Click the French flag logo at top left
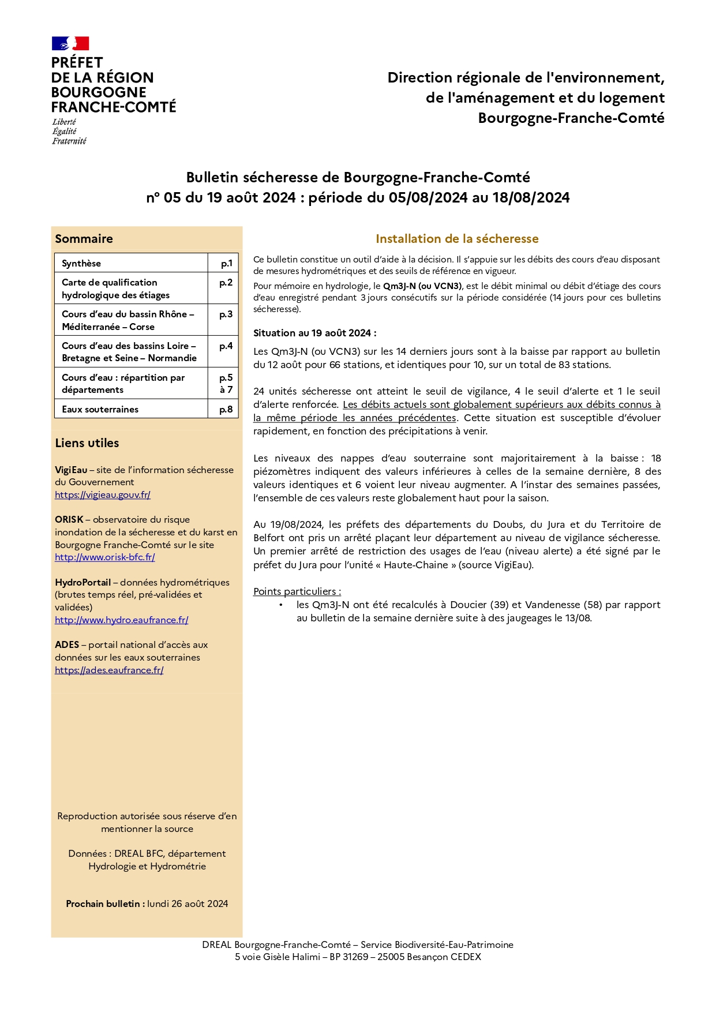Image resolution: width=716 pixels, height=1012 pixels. [70, 43]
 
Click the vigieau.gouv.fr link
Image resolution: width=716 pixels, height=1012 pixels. [103, 494]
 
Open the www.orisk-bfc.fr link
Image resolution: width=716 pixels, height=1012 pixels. [105, 557]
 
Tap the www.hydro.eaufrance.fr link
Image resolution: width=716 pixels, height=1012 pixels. [122, 620]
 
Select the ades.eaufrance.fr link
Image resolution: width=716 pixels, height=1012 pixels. [109, 670]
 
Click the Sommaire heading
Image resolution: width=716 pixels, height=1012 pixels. [84, 239]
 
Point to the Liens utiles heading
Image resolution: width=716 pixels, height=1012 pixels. [87, 443]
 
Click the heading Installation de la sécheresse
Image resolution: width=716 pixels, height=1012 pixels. [457, 239]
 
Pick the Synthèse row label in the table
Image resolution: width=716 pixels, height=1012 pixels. [81, 263]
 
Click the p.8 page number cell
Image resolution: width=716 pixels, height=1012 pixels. [226, 409]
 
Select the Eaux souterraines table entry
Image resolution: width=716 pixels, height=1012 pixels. [100, 409]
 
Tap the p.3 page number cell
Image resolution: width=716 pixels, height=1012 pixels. [226, 314]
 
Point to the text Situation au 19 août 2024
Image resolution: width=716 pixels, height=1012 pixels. [314, 333]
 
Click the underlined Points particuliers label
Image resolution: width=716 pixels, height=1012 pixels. [297, 591]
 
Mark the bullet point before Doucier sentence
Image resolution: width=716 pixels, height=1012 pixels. [281, 605]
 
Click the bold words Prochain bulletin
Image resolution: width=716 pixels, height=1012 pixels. [104, 904]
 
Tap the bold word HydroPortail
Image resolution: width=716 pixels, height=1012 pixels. [83, 582]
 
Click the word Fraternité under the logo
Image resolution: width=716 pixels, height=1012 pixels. [69, 141]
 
